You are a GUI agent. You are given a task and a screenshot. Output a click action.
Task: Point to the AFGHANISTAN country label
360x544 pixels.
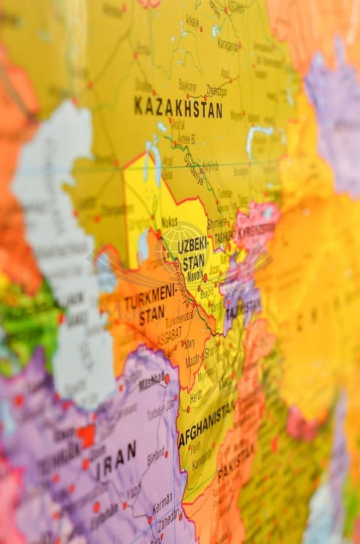207,424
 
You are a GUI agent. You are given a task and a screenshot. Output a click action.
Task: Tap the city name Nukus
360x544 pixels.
168,221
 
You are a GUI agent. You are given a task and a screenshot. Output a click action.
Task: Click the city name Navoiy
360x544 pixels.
195,276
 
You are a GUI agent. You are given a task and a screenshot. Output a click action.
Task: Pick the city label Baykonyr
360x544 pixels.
187,84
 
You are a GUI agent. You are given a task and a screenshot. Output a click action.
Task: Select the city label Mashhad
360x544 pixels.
152,379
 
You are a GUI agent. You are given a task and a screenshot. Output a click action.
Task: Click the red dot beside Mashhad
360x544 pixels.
166,378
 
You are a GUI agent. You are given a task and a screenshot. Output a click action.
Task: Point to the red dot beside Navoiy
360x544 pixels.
205,277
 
